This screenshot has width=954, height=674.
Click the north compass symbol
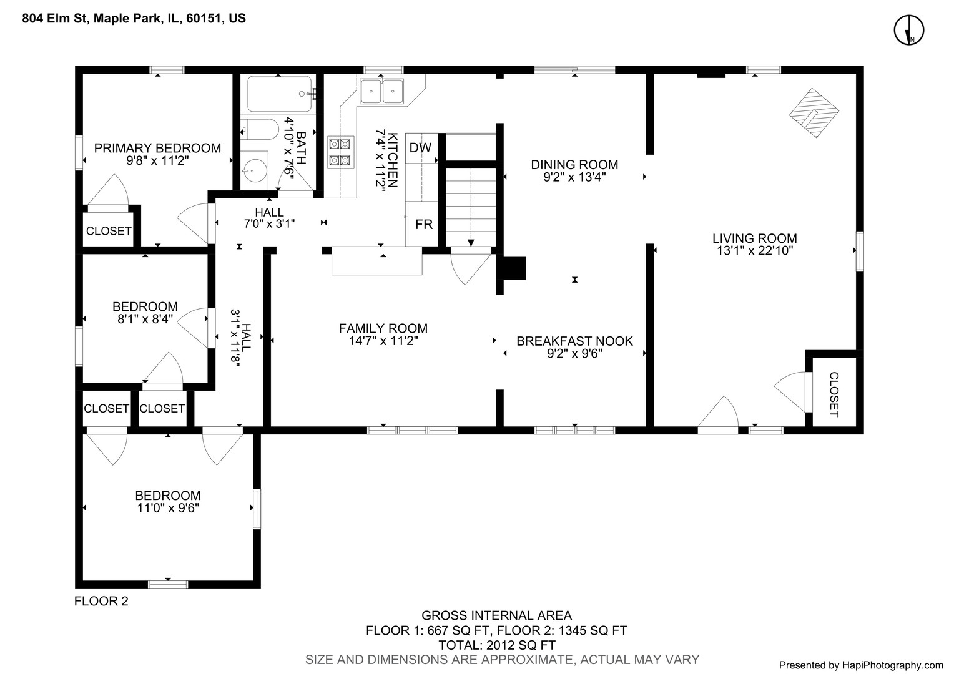point(908,31)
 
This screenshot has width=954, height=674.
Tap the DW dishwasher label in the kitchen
point(420,148)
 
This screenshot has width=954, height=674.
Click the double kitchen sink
point(381,92)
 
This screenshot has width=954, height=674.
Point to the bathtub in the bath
point(279,94)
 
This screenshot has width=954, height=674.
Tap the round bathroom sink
point(255,168)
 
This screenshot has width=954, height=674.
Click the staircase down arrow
point(470,242)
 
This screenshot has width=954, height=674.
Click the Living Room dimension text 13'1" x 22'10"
point(755,251)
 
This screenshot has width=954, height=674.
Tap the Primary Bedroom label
point(157,148)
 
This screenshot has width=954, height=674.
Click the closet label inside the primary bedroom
point(109,231)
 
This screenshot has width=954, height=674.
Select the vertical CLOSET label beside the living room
point(834,394)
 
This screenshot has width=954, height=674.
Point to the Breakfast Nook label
point(574,341)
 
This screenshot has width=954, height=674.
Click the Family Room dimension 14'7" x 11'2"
point(383,341)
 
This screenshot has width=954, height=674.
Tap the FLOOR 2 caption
point(101,602)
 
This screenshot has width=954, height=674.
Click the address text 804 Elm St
point(57,19)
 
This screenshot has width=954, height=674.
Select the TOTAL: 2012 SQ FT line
point(496,645)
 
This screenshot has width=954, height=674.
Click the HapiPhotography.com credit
point(862,665)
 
